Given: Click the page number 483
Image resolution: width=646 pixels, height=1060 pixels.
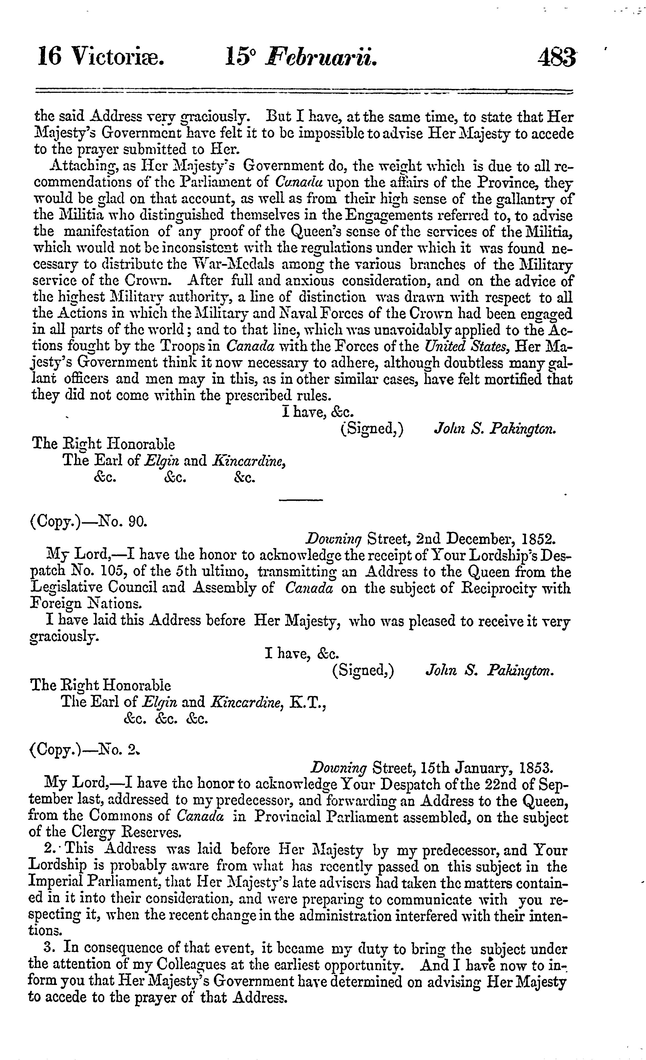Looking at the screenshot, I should (x=556, y=57).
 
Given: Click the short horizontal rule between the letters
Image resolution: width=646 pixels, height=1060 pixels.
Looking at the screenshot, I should (x=301, y=499).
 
